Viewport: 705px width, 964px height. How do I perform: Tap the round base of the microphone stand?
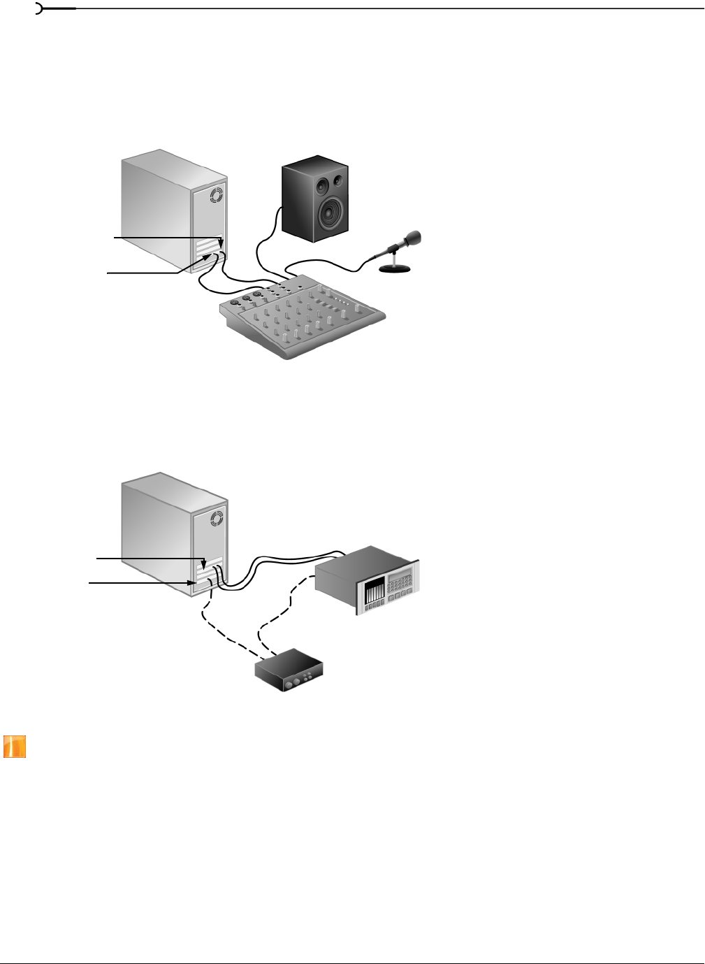tap(394, 269)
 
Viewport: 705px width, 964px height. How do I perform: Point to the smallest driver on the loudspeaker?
tap(338, 180)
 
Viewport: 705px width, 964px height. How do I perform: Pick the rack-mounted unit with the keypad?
tap(367, 580)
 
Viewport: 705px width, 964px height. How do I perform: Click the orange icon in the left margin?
tap(15, 747)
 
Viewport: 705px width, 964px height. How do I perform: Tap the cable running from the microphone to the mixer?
tap(328, 264)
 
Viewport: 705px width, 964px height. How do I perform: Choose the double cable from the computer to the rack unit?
tap(279, 561)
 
